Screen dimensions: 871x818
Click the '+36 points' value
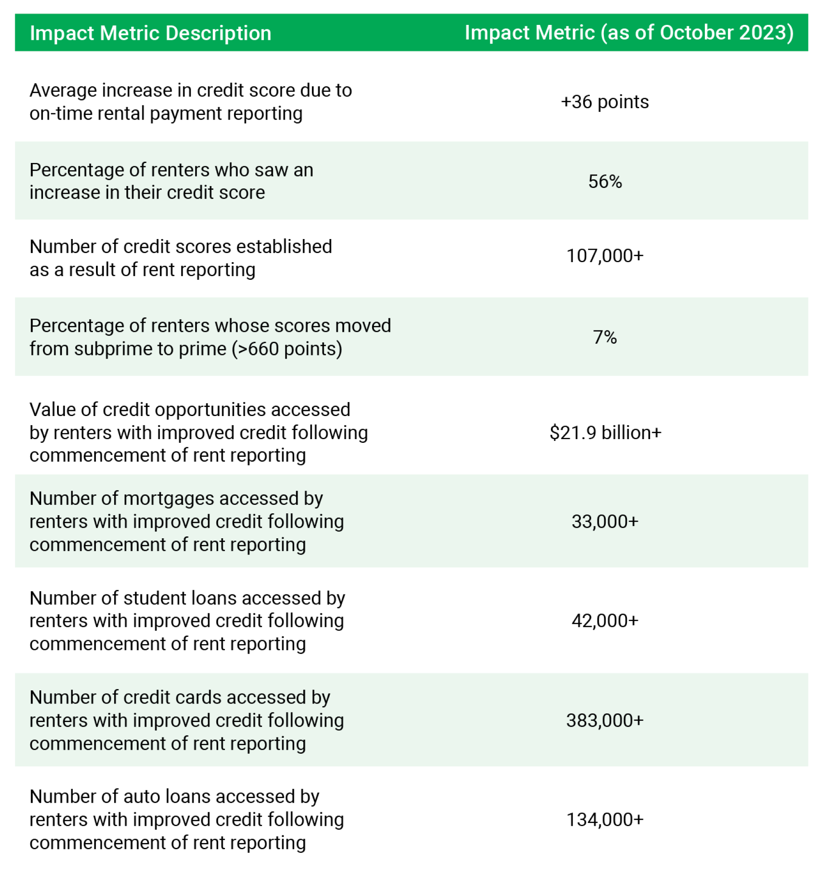click(604, 102)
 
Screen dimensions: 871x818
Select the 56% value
click(605, 182)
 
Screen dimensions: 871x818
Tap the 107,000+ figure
click(605, 256)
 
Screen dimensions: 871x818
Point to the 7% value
click(605, 337)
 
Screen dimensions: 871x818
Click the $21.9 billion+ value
click(605, 432)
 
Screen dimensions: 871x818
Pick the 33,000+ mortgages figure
click(605, 522)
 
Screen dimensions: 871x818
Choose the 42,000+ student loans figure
click(605, 621)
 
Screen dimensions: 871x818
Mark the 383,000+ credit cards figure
click(605, 720)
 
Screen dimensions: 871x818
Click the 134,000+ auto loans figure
click(605, 819)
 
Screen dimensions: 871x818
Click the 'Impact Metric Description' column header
click(150, 33)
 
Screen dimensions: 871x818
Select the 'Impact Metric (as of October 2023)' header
click(629, 33)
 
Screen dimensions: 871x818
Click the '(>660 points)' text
click(287, 349)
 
